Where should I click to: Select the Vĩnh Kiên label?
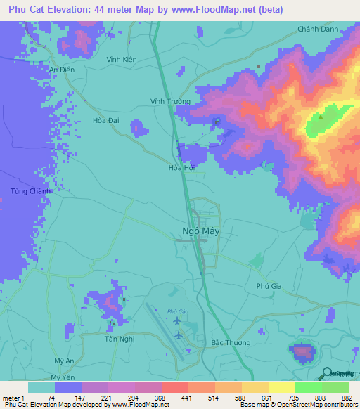(x=122, y=59)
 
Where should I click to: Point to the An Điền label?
(x=62, y=70)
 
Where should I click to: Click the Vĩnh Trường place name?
(x=169, y=100)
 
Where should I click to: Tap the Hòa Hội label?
(x=181, y=168)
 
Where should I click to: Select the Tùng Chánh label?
(x=26, y=191)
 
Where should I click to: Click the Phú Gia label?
(x=268, y=286)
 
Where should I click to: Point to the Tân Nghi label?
(x=119, y=338)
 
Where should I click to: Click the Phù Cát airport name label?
(x=177, y=311)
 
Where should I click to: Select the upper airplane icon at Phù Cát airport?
(x=176, y=321)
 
